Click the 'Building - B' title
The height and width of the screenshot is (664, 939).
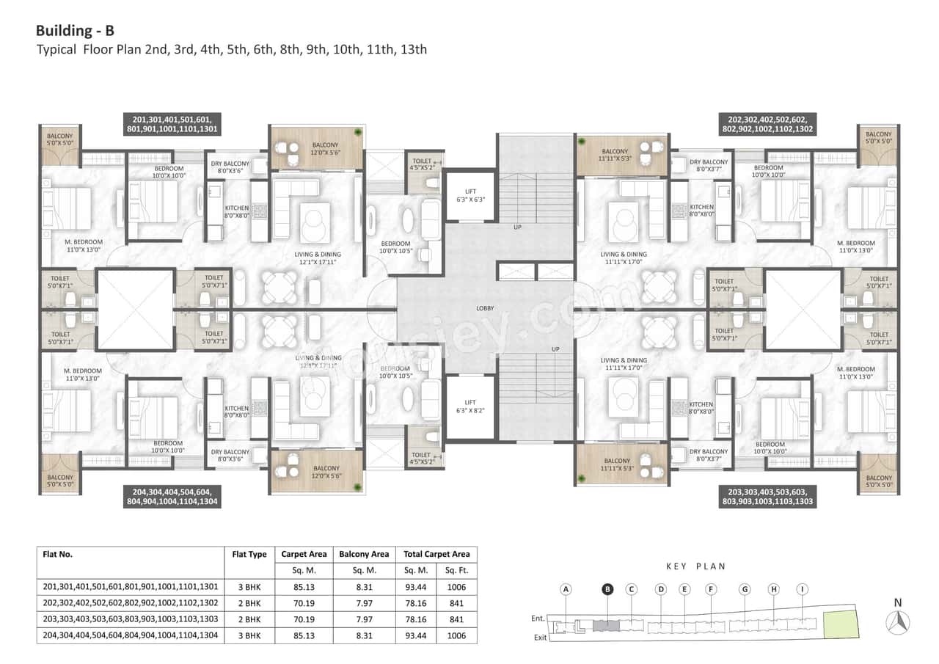point(75,31)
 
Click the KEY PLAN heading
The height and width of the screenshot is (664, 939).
point(695,566)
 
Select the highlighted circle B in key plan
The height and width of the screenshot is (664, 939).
point(607,589)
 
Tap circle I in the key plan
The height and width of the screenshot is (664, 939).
point(803,589)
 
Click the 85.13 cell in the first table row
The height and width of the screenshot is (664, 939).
point(304,587)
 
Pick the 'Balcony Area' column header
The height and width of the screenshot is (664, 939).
point(364,555)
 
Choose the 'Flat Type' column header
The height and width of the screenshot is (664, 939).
point(249,555)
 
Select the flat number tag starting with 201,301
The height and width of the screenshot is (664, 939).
point(171,124)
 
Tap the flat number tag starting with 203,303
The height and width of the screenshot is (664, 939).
point(767,497)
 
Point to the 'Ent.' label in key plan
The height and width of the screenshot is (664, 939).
point(538,619)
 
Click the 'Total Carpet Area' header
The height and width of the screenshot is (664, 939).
point(436,555)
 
